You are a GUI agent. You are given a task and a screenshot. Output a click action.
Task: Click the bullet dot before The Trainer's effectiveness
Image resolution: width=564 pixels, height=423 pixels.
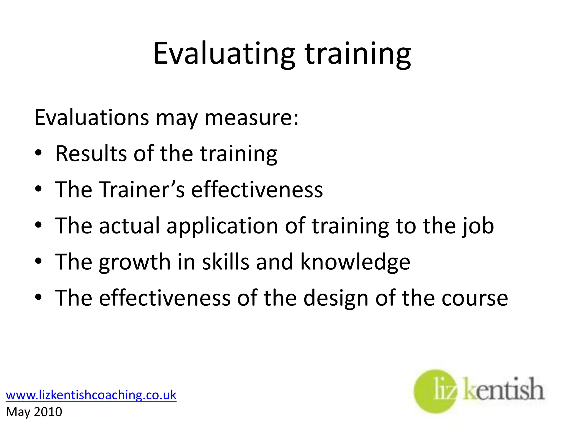click(x=39, y=189)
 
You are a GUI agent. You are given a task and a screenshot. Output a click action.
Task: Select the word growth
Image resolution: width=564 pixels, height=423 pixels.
click(x=135, y=262)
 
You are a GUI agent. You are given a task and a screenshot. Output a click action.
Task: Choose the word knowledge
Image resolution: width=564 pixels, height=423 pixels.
click(x=355, y=262)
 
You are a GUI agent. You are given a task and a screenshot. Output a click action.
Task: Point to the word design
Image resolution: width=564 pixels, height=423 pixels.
click(x=336, y=299)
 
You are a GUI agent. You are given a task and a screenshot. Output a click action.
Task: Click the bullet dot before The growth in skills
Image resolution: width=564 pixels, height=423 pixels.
click(x=39, y=261)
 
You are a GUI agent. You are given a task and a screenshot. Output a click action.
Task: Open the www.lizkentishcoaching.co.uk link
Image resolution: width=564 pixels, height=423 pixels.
click(x=91, y=395)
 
